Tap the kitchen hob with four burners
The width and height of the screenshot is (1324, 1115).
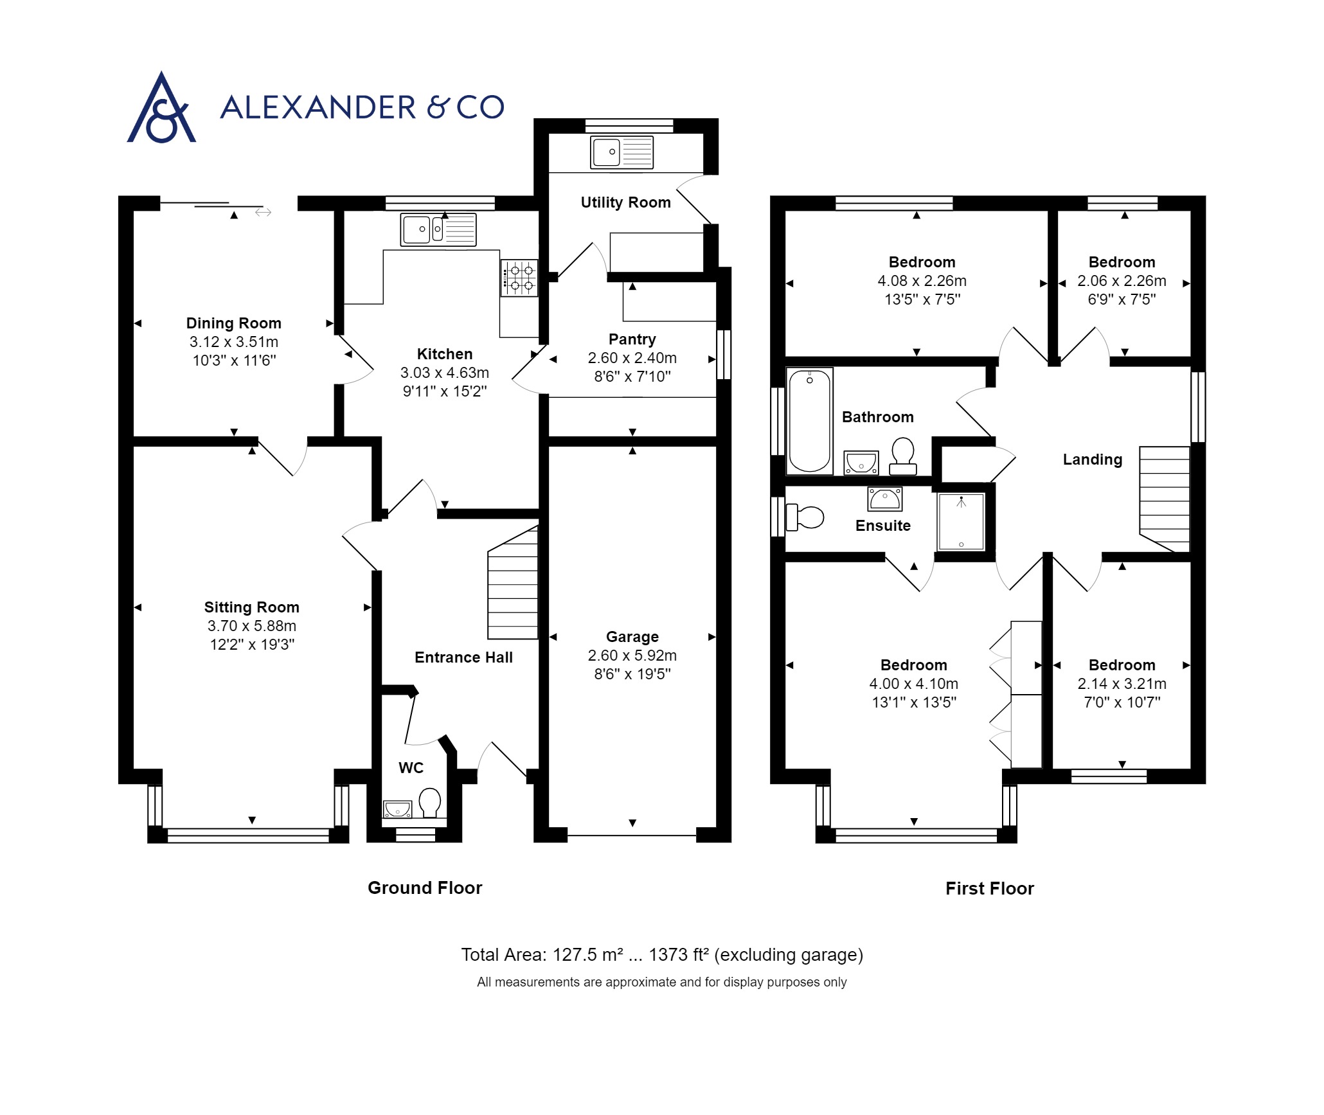coord(519,278)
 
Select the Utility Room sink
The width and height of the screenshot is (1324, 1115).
coord(622,152)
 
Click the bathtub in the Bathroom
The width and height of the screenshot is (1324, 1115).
coord(809,421)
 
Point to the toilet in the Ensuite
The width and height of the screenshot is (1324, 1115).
coord(805,517)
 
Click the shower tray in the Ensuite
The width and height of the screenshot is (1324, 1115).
coord(961,521)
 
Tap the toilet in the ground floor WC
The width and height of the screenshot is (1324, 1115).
coord(429,803)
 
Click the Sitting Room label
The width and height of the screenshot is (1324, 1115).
coord(251,607)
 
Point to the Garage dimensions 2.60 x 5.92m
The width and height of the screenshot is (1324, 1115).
coord(632,656)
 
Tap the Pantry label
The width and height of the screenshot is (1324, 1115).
coord(632,339)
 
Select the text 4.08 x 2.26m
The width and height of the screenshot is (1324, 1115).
coord(922,281)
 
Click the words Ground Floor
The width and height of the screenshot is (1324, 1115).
coord(424,888)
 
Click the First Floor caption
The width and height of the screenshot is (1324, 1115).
coord(989,888)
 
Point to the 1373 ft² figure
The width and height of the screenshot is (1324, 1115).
coord(678,955)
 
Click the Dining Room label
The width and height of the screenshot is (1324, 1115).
coord(233,323)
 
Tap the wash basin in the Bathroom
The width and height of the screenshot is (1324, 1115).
coord(861,462)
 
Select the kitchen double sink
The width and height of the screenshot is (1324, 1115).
coord(438,229)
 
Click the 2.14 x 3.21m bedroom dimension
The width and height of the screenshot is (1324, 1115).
coord(1122,684)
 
